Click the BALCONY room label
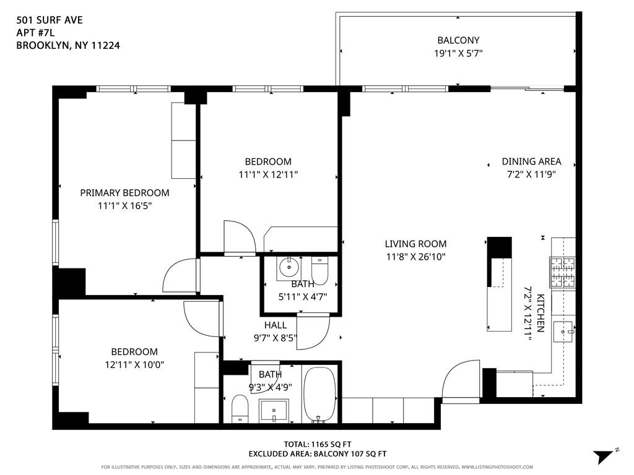coord(458,40)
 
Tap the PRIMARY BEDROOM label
coord(124,193)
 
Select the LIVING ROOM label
coord(415,244)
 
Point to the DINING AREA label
coord(531,161)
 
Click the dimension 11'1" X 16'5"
coord(124,205)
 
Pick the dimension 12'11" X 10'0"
coord(134,365)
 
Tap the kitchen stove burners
coord(562,272)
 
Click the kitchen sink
coord(563,332)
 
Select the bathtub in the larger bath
coord(319,394)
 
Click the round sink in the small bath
coord(289,267)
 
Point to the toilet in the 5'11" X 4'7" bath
coord(320,271)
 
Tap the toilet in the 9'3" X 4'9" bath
coord(240,409)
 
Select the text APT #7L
coord(35,32)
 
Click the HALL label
coord(276,325)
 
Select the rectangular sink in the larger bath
coord(274,410)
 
